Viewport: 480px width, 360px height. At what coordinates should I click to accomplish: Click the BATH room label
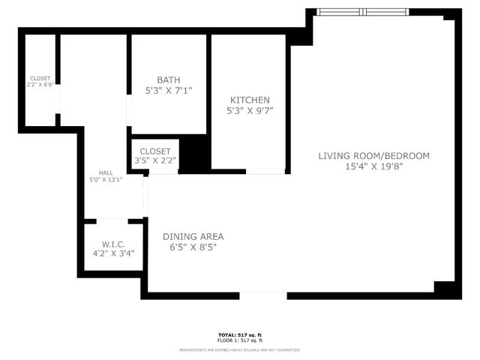(169, 80)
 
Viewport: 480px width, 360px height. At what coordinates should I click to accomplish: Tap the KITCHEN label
(250, 100)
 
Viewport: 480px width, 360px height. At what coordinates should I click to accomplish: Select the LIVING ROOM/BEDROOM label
(373, 156)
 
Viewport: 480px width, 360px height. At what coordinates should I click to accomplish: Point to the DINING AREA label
(193, 236)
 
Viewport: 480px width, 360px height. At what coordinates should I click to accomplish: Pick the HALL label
(105, 172)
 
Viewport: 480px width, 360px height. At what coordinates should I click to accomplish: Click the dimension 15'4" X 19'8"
(373, 167)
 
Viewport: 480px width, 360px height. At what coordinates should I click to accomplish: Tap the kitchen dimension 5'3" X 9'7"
(250, 110)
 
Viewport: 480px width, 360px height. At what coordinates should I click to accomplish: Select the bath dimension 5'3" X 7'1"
(169, 91)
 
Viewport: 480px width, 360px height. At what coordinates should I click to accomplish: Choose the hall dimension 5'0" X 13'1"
(105, 179)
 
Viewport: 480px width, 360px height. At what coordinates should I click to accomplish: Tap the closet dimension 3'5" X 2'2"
(155, 160)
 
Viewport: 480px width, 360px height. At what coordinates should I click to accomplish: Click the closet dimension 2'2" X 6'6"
(40, 85)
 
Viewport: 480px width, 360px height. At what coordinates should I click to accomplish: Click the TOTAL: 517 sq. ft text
(240, 334)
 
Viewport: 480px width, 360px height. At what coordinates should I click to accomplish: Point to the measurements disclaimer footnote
(240, 349)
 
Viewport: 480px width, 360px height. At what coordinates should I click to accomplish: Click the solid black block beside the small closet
(193, 154)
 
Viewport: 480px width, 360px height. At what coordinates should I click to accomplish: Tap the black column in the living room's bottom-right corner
(445, 289)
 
